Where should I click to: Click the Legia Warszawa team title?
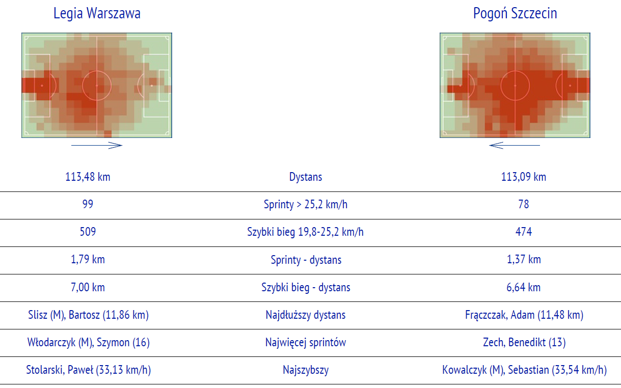[97, 13]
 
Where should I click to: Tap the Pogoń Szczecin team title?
[515, 13]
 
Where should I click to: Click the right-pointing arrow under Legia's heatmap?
[97, 145]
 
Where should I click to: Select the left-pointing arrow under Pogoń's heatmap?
[515, 145]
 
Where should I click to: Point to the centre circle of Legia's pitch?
[97, 71]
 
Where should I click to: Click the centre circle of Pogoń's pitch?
[515, 71]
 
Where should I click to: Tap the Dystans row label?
[306, 177]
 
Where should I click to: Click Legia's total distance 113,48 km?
[88, 177]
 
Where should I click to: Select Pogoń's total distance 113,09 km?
[523, 177]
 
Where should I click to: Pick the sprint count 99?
[88, 204]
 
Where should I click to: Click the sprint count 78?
[523, 204]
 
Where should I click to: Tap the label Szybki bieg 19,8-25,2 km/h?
[305, 232]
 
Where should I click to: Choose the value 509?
[88, 232]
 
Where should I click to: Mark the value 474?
[523, 232]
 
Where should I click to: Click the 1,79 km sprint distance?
[88, 259]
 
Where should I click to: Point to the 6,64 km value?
[523, 287]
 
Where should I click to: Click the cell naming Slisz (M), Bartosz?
[88, 315]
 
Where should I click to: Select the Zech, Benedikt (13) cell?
[524, 343]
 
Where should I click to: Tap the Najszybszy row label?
[306, 370]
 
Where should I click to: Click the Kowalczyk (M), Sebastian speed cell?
[524, 370]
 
